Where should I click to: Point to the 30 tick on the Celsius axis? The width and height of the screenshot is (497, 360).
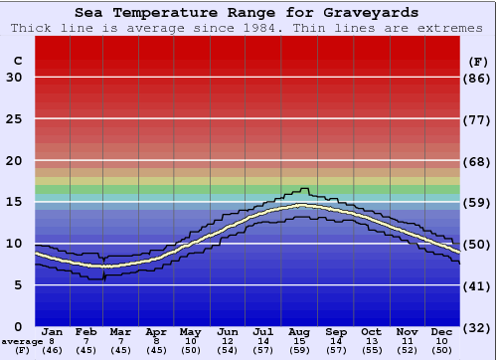(14, 78)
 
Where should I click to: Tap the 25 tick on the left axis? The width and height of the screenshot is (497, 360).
(14, 119)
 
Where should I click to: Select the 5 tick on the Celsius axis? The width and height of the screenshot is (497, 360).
(18, 285)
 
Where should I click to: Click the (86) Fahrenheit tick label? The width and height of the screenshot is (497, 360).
(477, 78)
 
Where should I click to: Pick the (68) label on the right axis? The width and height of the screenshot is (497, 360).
(477, 161)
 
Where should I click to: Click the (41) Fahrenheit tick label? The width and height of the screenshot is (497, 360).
(477, 285)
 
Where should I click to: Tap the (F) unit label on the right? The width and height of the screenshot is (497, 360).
(477, 62)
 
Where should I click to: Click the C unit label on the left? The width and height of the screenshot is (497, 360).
(17, 62)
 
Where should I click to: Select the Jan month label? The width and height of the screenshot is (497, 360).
(53, 330)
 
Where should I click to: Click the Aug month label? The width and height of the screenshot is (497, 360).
(299, 330)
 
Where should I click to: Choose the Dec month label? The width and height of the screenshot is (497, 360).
(442, 330)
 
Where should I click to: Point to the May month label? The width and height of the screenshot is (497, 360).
(190, 330)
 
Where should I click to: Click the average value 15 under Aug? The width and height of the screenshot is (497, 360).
(299, 340)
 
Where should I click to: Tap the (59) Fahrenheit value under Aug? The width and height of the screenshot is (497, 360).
(299, 350)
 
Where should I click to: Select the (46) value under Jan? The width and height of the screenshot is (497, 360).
(53, 350)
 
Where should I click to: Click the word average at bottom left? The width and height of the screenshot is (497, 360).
(22, 341)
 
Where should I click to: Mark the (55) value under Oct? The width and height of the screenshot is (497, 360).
(371, 350)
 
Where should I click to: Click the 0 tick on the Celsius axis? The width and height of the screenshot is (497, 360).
(18, 326)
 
